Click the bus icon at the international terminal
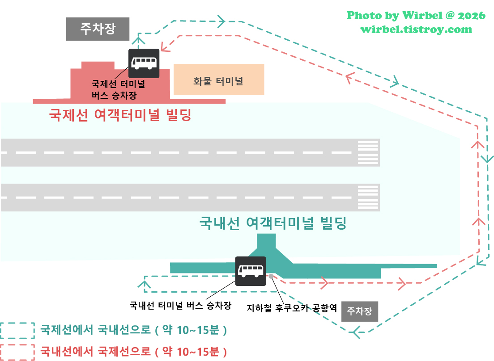point(144,63)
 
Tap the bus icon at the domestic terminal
point(251,271)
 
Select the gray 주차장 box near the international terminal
point(98,29)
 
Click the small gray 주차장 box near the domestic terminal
point(360,311)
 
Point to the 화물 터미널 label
point(218,81)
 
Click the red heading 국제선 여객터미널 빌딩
point(120,116)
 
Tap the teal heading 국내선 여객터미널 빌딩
point(273,223)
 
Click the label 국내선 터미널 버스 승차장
point(180,306)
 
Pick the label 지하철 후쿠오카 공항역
point(291,308)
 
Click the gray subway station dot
point(271,276)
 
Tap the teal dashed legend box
point(17,331)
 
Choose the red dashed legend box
point(17,352)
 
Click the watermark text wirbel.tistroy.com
point(416,29)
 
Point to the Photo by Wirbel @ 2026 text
point(416,16)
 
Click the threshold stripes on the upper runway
point(368,152)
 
